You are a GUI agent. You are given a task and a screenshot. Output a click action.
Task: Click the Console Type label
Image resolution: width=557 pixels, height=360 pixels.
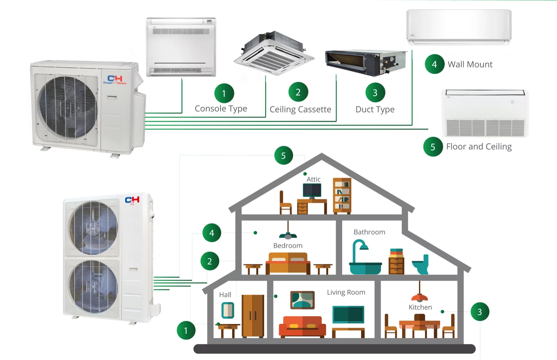click(x=221, y=109)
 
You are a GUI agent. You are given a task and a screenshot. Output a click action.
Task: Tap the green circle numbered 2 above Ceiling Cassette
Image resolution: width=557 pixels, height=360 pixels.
click(x=298, y=92)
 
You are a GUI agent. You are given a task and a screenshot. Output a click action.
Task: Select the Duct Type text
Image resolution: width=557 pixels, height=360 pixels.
click(x=375, y=109)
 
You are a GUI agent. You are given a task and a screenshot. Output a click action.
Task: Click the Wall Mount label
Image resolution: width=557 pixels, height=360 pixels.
click(x=470, y=64)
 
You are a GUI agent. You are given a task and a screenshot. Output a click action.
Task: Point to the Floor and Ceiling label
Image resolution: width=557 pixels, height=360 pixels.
click(x=479, y=147)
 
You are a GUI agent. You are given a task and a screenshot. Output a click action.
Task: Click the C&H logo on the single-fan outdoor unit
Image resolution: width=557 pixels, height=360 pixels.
click(x=115, y=80)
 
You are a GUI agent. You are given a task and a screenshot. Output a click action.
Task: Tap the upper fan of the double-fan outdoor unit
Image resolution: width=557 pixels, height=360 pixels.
click(x=93, y=228)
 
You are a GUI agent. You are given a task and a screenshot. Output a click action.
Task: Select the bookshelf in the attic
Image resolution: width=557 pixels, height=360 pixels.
click(x=342, y=195)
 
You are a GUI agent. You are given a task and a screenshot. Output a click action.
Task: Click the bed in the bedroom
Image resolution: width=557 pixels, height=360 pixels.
click(x=288, y=264)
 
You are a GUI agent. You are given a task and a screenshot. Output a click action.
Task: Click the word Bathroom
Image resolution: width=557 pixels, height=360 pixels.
click(x=369, y=232)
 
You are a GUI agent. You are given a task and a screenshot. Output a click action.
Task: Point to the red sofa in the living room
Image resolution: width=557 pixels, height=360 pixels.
click(x=302, y=327)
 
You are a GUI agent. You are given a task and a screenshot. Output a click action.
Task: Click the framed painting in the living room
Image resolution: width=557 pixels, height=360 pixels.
click(x=302, y=300)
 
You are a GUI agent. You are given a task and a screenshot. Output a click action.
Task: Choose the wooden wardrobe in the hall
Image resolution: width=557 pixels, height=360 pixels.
click(x=253, y=316)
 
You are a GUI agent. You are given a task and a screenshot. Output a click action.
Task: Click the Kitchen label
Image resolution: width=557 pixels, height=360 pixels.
click(x=420, y=307)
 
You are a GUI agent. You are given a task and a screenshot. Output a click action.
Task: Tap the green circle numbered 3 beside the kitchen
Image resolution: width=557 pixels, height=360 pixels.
click(x=480, y=312)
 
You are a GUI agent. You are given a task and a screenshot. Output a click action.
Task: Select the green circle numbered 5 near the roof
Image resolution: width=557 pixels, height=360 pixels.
click(x=283, y=156)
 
